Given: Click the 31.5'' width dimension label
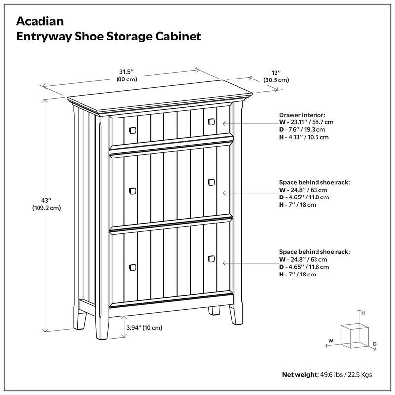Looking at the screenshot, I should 127,71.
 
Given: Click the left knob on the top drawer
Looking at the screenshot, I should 132,129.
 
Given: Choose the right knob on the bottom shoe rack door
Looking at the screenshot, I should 211,258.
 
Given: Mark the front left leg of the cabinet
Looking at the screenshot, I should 103,326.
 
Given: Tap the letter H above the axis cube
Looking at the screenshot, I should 363,313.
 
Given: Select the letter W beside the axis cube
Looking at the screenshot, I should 331,341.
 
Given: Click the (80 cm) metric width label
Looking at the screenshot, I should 127,79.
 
